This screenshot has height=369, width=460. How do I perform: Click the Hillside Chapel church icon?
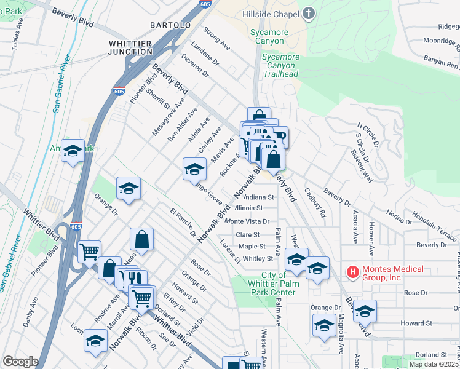click(309, 13)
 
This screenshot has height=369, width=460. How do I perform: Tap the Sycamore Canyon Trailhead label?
click(280, 65)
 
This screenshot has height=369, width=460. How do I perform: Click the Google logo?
click(20, 362)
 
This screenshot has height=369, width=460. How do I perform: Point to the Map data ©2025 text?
click(434, 364)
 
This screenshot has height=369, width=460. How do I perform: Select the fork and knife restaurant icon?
click(136, 279)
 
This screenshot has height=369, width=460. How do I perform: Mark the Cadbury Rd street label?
click(314, 203)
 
